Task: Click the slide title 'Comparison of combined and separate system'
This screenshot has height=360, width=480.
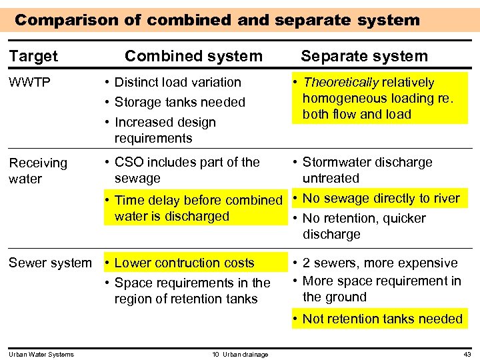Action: point(217,20)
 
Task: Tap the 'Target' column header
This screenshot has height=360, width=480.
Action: point(33,57)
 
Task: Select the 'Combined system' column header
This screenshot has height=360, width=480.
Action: point(193,57)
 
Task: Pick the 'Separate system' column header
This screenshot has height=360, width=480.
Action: point(364,57)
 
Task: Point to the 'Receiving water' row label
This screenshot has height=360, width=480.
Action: point(37,171)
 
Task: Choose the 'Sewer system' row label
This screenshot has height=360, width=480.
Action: point(50,263)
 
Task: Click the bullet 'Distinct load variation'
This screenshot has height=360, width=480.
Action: point(177,83)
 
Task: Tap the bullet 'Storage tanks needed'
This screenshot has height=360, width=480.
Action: point(179,103)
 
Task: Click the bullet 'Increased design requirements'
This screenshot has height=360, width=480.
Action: point(165,130)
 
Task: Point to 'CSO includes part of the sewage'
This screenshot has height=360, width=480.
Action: point(187,170)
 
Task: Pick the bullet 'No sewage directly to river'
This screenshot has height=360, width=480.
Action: point(381,199)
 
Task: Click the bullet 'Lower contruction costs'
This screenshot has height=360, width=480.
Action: point(184,263)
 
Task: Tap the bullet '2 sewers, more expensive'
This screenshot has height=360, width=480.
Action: point(379,263)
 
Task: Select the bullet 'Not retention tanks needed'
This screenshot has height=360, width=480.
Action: point(382,319)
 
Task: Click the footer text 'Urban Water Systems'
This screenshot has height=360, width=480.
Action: point(41,354)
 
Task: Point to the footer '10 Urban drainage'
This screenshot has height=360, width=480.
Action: point(240,354)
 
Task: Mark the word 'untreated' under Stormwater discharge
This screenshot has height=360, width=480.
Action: point(331,179)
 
